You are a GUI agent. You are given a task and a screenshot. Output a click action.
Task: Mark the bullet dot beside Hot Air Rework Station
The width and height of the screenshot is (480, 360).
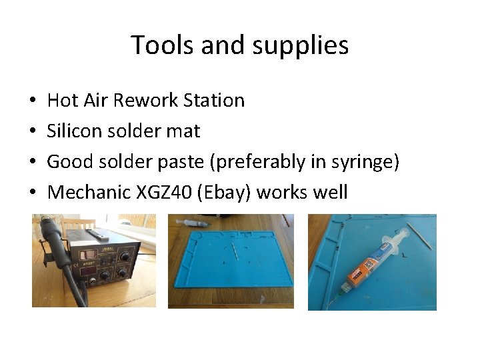coord(33,101)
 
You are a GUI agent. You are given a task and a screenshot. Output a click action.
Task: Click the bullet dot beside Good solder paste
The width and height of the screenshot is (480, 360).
coord(33,163)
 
